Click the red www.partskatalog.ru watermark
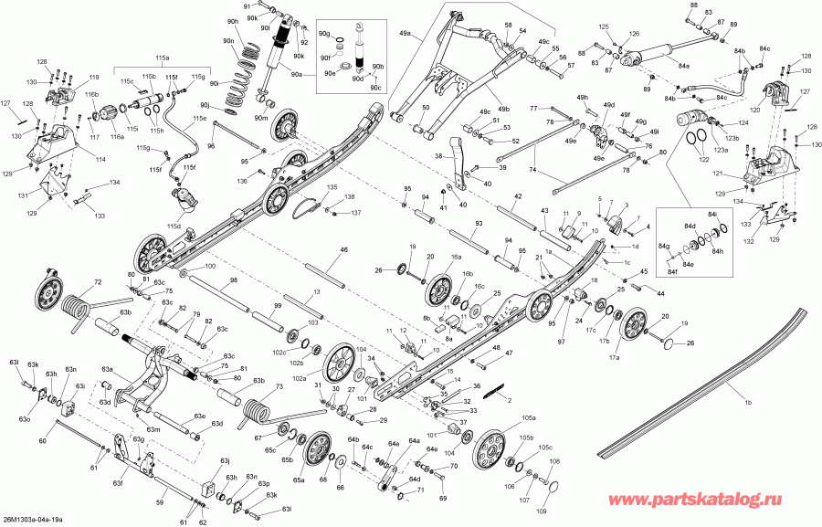click(709, 501)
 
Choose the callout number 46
click(343, 249)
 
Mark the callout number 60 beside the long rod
click(42, 441)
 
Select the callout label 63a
click(107, 369)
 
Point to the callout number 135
click(332, 187)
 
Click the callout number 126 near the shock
click(634, 34)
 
